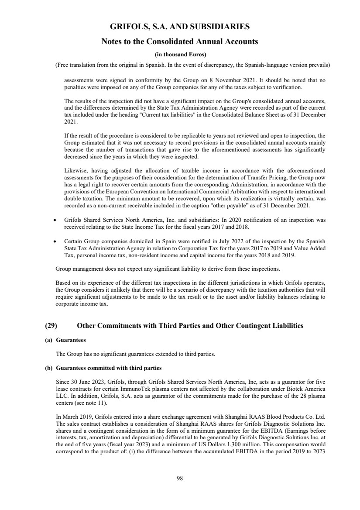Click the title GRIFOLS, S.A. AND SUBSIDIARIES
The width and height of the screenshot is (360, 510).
tap(180, 27)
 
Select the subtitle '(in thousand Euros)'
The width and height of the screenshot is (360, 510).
tap(180, 55)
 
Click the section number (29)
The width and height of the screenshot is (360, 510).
tap(52, 325)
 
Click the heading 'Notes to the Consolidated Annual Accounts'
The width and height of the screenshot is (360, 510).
tap(180, 42)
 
